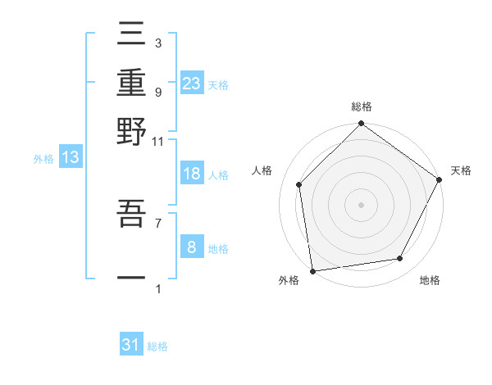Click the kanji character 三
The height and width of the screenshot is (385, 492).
(131, 35)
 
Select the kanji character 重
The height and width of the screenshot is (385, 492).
(131, 83)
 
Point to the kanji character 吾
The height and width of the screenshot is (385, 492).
(131, 215)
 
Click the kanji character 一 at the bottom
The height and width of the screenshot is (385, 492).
(131, 279)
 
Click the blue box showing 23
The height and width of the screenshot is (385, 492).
(192, 83)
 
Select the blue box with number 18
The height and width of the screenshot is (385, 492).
(192, 174)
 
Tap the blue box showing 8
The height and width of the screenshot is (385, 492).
(192, 247)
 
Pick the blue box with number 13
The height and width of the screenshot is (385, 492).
(70, 158)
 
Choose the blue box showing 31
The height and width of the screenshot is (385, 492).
(131, 345)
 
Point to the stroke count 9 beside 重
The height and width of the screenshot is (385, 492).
(157, 92)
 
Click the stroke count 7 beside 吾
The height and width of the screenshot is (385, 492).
(157, 221)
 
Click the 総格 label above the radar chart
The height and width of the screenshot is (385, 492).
(361, 106)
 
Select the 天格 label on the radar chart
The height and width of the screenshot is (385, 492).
(461, 170)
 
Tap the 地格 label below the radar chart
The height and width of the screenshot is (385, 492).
(430, 280)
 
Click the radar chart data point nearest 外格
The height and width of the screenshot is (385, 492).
(312, 270)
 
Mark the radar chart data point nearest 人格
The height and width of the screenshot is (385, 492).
(299, 184)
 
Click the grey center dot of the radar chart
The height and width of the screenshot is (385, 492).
(361, 204)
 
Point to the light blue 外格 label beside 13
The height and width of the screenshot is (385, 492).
(43, 159)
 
